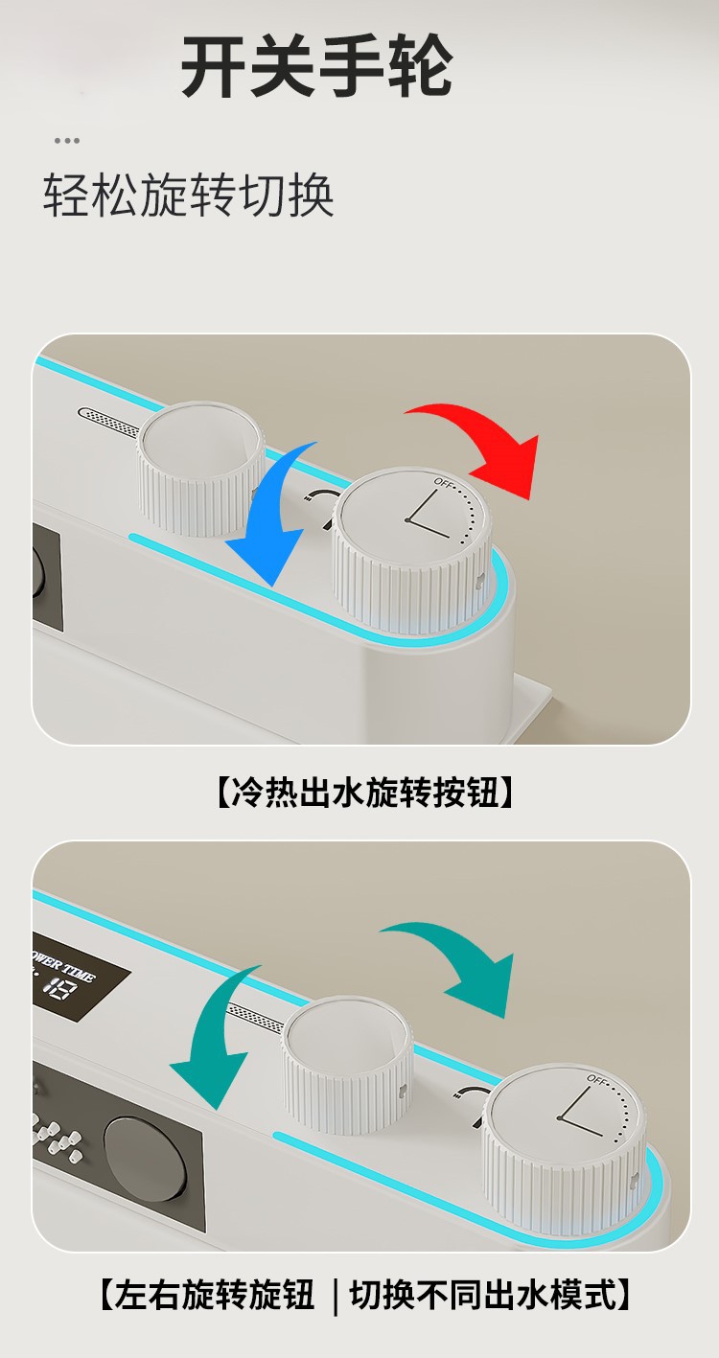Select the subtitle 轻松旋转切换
click(189, 196)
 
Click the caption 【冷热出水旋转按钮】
click(359, 793)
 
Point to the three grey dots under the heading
click(66, 141)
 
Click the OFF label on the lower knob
click(597, 1079)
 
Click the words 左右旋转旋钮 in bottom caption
click(213, 1296)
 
